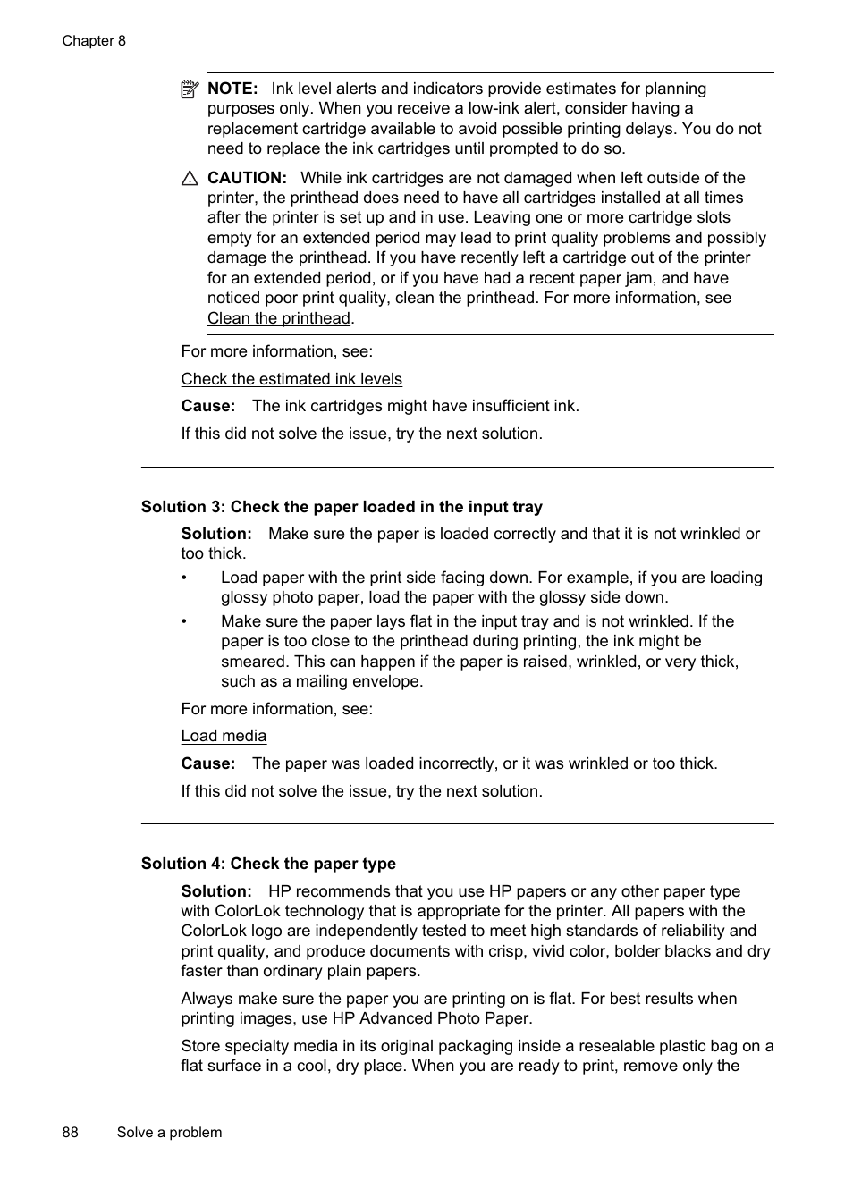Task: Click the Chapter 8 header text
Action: (x=94, y=41)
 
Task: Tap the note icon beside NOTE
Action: (x=189, y=89)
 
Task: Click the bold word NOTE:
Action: (x=232, y=89)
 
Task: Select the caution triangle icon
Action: (x=190, y=179)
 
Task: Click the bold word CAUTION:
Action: (x=247, y=178)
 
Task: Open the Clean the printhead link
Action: (x=279, y=318)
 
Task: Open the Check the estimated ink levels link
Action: (x=291, y=379)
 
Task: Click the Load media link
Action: (x=224, y=736)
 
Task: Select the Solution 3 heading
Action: (x=342, y=507)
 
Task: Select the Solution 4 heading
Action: (x=268, y=864)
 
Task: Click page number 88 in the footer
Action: (x=71, y=1132)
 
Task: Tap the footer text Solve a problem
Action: (x=169, y=1132)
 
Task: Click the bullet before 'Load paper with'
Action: (x=185, y=578)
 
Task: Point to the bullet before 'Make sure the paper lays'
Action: (x=185, y=622)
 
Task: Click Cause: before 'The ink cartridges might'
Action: (x=207, y=406)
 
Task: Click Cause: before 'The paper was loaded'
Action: (x=207, y=763)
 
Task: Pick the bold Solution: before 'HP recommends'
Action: (x=216, y=891)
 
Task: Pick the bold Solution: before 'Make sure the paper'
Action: (x=216, y=534)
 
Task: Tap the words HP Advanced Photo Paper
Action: (x=432, y=1018)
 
